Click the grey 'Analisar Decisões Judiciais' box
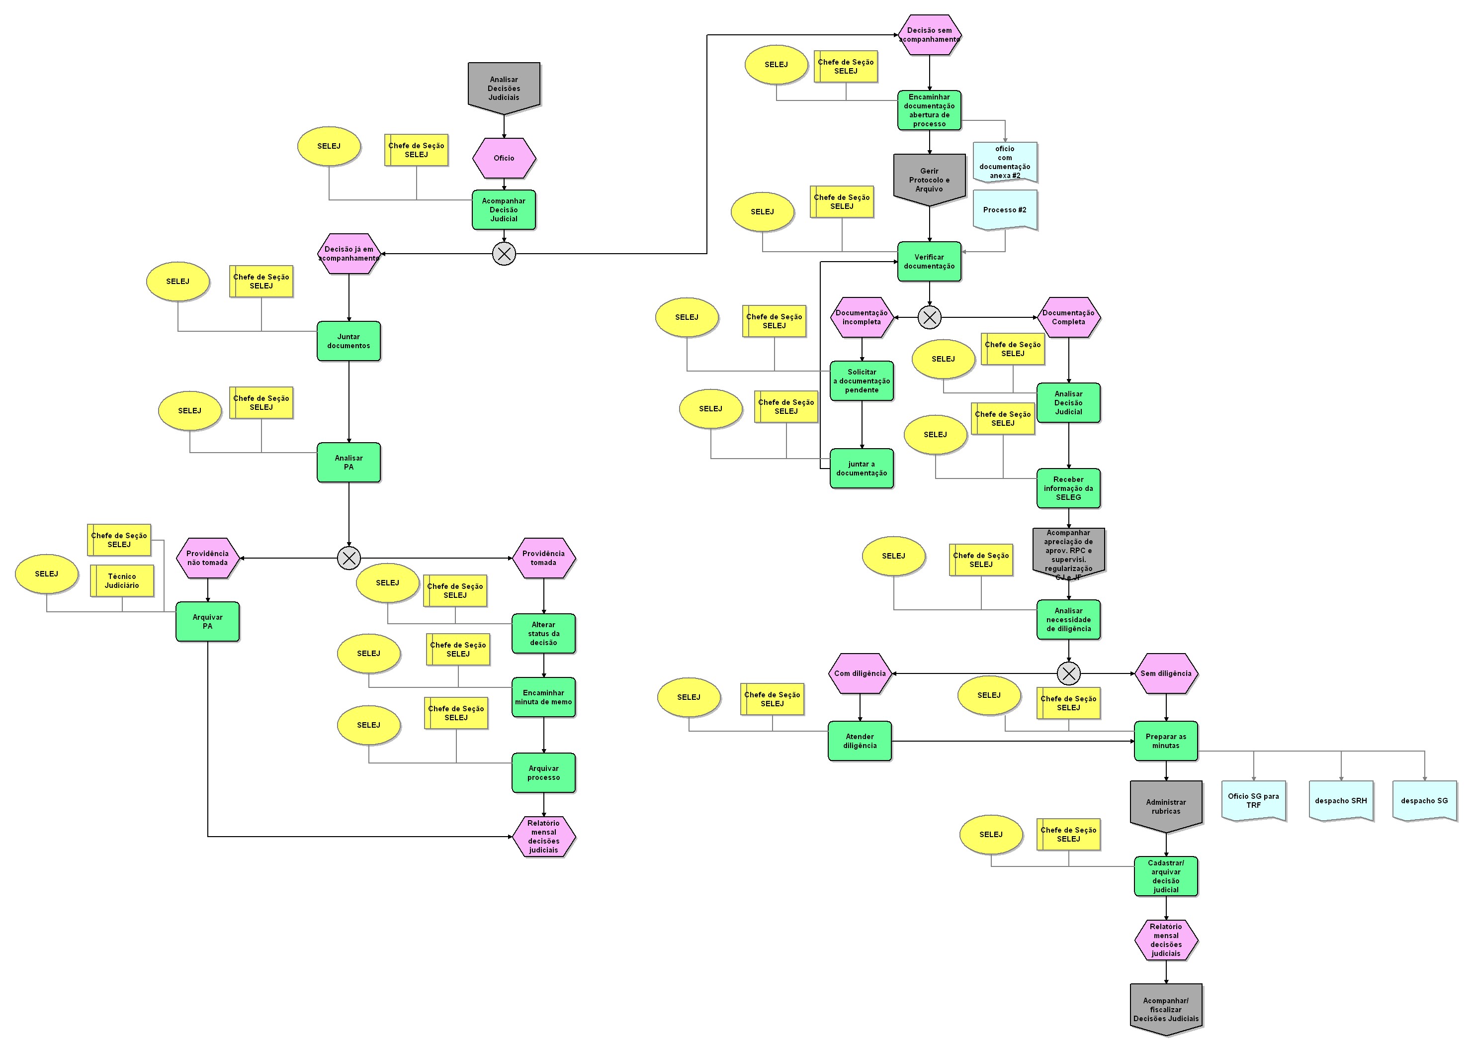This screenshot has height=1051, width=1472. tap(504, 88)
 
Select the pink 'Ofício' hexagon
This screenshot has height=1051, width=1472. tap(504, 158)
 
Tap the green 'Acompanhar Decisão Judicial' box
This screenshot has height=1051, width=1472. tap(504, 210)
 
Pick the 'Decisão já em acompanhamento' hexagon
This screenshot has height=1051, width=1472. tap(348, 254)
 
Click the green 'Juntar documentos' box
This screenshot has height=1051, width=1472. tap(348, 341)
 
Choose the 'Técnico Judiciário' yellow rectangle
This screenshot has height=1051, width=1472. tap(122, 580)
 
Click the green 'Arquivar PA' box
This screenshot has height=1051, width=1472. tap(208, 622)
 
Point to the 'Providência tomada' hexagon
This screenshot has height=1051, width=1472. tap(543, 558)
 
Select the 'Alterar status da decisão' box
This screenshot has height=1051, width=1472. tap(543, 634)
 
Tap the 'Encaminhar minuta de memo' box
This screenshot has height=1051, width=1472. tap(543, 697)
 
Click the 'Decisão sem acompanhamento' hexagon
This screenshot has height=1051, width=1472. tap(929, 35)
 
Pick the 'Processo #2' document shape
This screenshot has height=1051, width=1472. tap(1004, 210)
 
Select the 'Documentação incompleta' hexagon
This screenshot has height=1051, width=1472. tap(862, 317)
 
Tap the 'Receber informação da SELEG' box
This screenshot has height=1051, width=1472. tap(1068, 488)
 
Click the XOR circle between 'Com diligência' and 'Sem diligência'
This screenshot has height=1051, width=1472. tap(1068, 673)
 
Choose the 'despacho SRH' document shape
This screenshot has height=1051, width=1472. tap(1341, 800)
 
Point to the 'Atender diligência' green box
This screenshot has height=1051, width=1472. tap(860, 741)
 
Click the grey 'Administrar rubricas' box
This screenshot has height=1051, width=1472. tap(1166, 806)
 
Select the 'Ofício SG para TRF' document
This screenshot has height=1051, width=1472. tap(1253, 800)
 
